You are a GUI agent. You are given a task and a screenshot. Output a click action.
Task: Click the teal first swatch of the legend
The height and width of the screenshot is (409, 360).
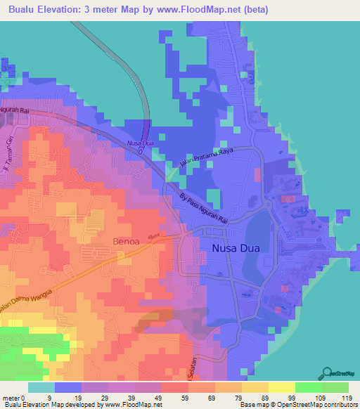pos(41,387)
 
